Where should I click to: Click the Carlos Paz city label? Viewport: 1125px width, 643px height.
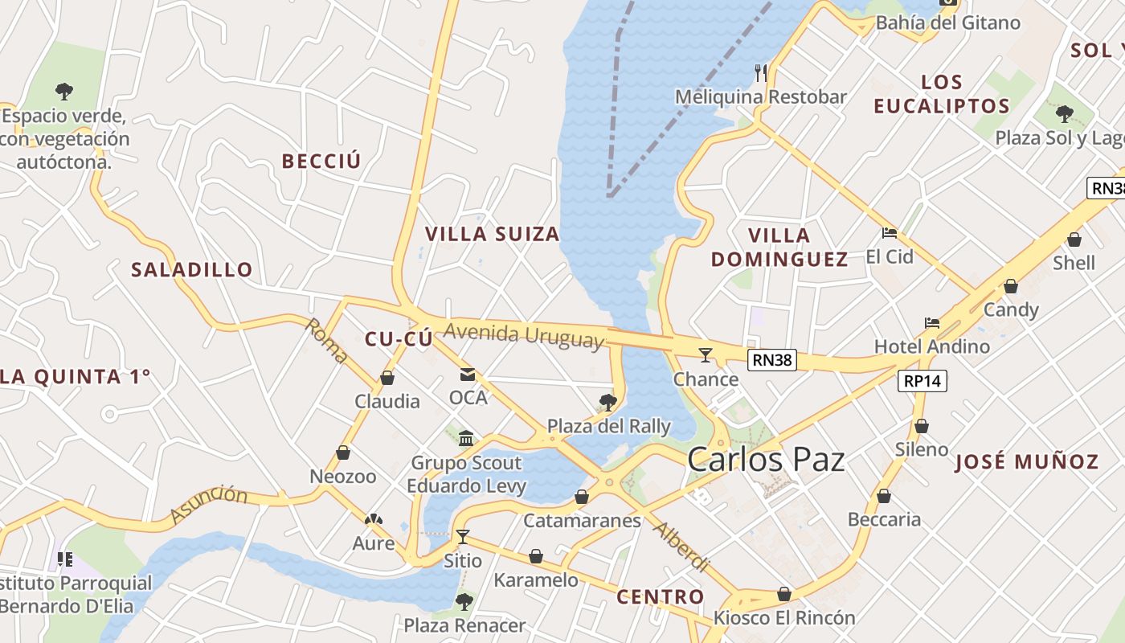[x=766, y=460]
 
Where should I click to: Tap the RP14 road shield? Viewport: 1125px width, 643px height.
[x=922, y=381]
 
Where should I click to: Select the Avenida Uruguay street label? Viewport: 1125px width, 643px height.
[x=523, y=336]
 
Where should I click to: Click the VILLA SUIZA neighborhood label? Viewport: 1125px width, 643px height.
[x=492, y=234]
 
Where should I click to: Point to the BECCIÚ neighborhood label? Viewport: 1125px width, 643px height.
[x=321, y=161]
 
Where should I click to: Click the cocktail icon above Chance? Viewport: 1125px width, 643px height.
[x=706, y=354]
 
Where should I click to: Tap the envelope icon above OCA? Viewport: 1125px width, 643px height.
[x=467, y=375]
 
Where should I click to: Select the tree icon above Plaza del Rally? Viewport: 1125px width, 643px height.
[x=608, y=402]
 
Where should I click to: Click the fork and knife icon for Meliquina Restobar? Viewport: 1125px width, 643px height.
[x=761, y=73]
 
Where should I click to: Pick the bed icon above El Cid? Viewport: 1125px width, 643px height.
[x=889, y=233]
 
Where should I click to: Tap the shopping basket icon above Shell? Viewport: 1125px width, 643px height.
[x=1074, y=240]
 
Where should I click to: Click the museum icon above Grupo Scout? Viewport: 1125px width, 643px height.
[x=466, y=438]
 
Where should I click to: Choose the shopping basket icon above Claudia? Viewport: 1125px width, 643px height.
[x=387, y=378]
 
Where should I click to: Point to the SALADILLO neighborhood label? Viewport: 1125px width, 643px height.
[x=192, y=269]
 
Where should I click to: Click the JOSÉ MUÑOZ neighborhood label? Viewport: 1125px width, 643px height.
[x=1026, y=461]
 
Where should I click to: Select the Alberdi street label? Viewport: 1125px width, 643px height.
[x=681, y=547]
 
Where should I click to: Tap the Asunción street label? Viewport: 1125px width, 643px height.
[x=208, y=503]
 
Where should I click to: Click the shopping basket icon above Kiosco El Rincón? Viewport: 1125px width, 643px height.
[x=784, y=595]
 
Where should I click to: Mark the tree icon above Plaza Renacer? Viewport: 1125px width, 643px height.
[x=464, y=601]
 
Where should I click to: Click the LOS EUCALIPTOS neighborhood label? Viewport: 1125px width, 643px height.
[x=942, y=94]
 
